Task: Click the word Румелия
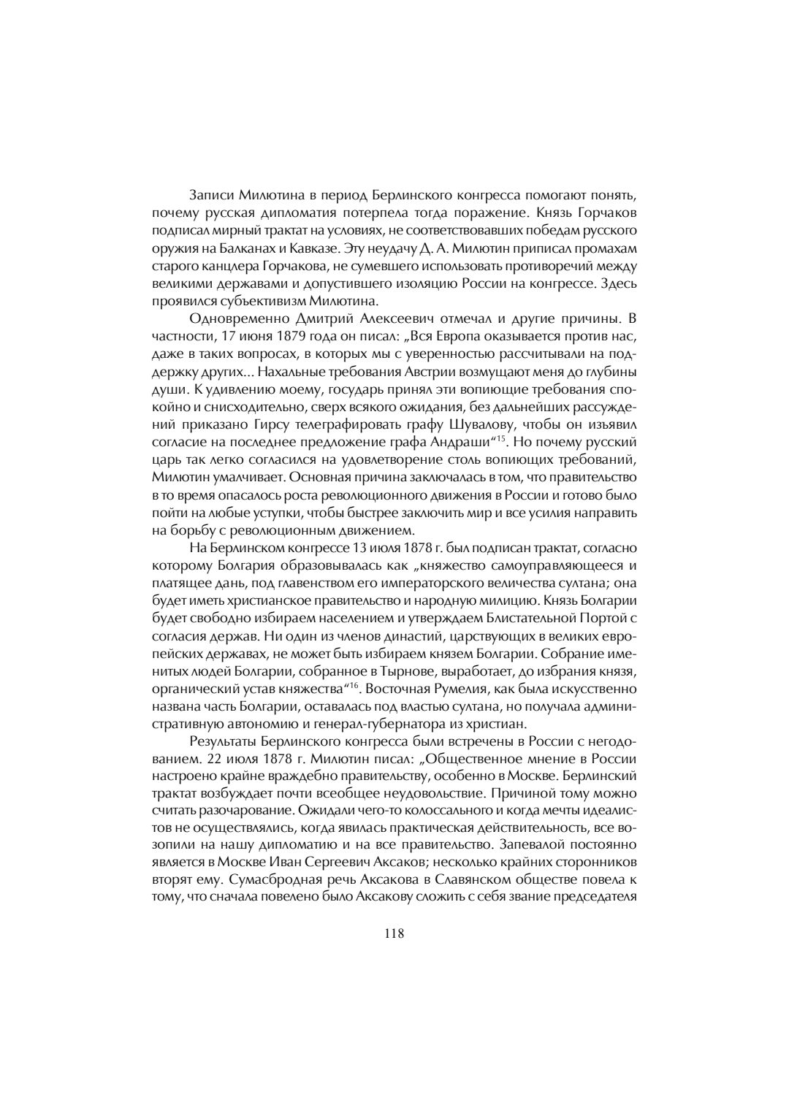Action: (x=501, y=687)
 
